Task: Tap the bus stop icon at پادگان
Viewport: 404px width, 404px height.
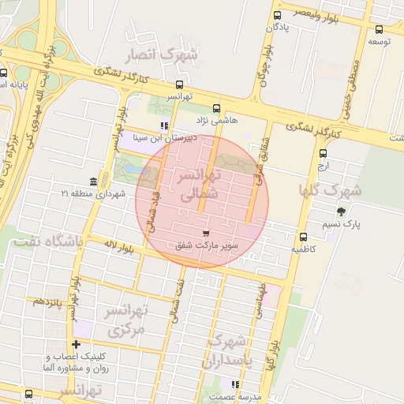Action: click(277, 15)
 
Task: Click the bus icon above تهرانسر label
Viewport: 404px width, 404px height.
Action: click(179, 84)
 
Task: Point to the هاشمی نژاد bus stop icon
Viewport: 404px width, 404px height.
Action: click(217, 108)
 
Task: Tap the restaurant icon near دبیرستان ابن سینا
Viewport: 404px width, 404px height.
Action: click(163, 125)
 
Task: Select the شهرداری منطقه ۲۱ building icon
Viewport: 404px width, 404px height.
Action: click(94, 181)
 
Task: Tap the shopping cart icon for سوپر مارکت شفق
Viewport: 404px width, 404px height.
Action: click(206, 234)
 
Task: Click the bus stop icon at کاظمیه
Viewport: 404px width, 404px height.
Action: click(303, 237)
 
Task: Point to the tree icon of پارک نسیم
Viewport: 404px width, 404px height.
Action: click(341, 211)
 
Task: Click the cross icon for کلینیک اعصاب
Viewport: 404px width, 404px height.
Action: click(76, 344)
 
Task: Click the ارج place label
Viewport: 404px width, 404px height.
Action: click(322, 166)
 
